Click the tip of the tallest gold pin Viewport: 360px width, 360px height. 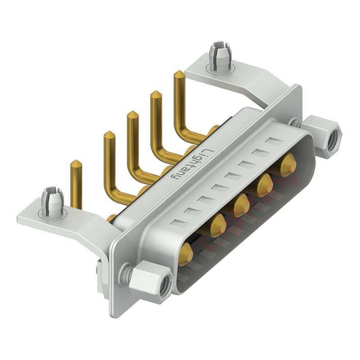pyautogui.click(x=178, y=74)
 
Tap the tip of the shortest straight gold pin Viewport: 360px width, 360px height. pyautogui.click(x=76, y=163)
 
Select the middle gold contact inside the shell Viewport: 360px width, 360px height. pyautogui.click(x=241, y=205)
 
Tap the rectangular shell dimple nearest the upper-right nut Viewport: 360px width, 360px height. pyautogui.click(x=273, y=142)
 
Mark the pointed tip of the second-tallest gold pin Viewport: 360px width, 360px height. pyautogui.click(x=156, y=94)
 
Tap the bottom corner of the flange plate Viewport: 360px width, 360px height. pyautogui.click(x=115, y=315)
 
